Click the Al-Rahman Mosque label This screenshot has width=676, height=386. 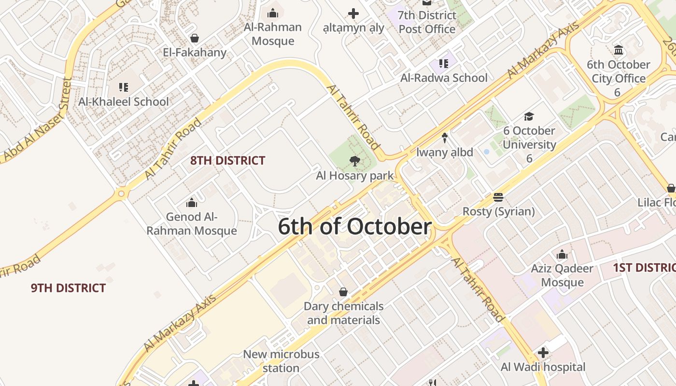[x=273, y=34]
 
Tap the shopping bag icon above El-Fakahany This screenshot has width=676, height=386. [x=195, y=38]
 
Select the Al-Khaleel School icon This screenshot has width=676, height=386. [x=124, y=87]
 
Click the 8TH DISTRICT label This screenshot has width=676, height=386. [x=227, y=161]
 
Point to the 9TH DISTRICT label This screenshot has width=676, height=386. [x=68, y=288]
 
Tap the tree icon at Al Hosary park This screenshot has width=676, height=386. [x=354, y=161]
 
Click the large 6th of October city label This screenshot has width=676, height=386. [x=354, y=227]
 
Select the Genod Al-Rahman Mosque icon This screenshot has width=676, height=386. [x=192, y=203]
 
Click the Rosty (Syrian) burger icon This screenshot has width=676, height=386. [x=498, y=197]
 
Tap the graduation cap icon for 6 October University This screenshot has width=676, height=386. [x=529, y=116]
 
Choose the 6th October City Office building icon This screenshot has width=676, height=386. [x=619, y=50]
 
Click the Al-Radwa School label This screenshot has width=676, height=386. [x=444, y=78]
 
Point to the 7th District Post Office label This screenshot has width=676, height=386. [x=427, y=22]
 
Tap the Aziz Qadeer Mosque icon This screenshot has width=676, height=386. [x=562, y=254]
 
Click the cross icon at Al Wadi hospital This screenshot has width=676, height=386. [x=543, y=353]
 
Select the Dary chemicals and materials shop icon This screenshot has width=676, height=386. [x=343, y=292]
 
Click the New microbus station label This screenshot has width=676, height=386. [x=281, y=361]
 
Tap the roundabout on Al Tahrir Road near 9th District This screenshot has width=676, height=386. [x=121, y=194]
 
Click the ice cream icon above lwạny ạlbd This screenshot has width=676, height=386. [x=445, y=138]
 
